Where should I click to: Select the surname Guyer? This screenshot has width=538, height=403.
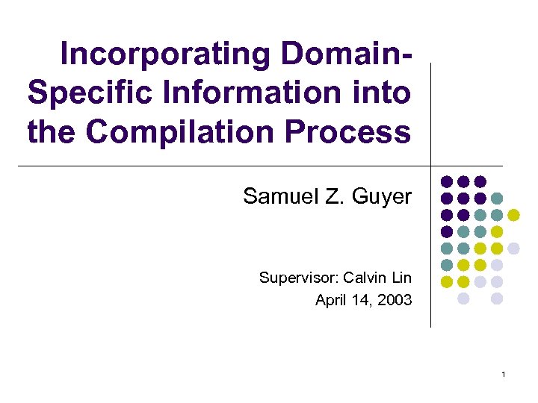tap(382, 197)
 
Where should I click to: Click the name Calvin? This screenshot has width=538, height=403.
tap(367, 278)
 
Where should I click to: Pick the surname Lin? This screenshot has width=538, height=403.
tap(402, 278)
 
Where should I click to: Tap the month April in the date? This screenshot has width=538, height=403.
tap(330, 301)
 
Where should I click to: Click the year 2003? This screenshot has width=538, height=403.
tap(394, 301)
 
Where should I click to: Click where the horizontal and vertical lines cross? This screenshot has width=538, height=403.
tap(432, 166)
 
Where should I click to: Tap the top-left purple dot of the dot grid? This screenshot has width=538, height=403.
tap(446, 181)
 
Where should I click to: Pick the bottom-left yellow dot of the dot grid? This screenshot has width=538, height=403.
tap(446, 281)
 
